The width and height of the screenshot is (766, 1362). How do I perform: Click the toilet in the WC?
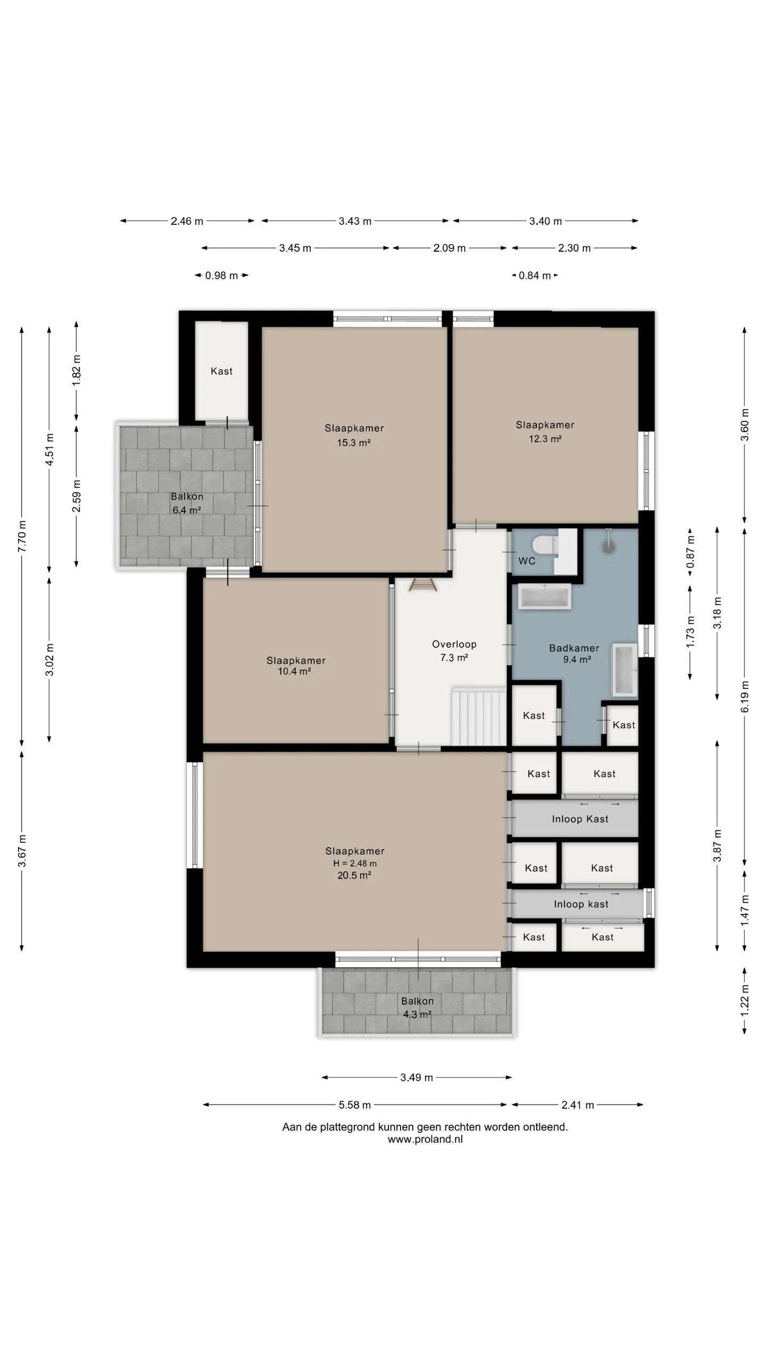pyautogui.click(x=544, y=545)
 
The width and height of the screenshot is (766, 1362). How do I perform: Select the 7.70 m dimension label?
pyautogui.click(x=22, y=536)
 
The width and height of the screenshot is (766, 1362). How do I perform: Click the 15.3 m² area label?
pyautogui.click(x=354, y=442)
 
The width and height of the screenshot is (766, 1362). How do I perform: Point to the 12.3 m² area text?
pyautogui.click(x=545, y=438)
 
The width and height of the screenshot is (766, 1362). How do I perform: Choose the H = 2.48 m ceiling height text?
pyautogui.click(x=355, y=863)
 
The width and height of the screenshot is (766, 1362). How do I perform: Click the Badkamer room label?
pyautogui.click(x=574, y=648)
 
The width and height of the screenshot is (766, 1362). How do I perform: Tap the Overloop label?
pyautogui.click(x=454, y=644)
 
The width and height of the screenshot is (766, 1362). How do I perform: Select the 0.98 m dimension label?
pyautogui.click(x=221, y=276)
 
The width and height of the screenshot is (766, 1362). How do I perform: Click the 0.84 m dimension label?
pyautogui.click(x=535, y=276)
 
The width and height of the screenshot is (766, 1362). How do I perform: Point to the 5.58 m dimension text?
pyautogui.click(x=355, y=1105)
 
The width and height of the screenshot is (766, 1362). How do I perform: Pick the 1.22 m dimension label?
pyautogui.click(x=745, y=1001)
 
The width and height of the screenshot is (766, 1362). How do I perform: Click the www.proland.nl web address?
pyautogui.click(x=425, y=1139)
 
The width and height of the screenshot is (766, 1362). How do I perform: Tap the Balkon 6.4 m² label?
pyautogui.click(x=187, y=503)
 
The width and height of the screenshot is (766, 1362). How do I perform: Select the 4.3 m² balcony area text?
pyautogui.click(x=417, y=1015)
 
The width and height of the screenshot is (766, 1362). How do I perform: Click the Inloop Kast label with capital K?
pyautogui.click(x=580, y=819)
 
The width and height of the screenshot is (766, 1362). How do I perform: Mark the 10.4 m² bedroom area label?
pyautogui.click(x=294, y=671)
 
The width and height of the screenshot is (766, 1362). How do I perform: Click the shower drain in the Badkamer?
pyautogui.click(x=608, y=545)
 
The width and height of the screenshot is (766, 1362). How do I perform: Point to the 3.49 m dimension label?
pyautogui.click(x=417, y=1078)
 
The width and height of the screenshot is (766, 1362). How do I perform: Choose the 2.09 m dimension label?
pyautogui.click(x=449, y=248)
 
